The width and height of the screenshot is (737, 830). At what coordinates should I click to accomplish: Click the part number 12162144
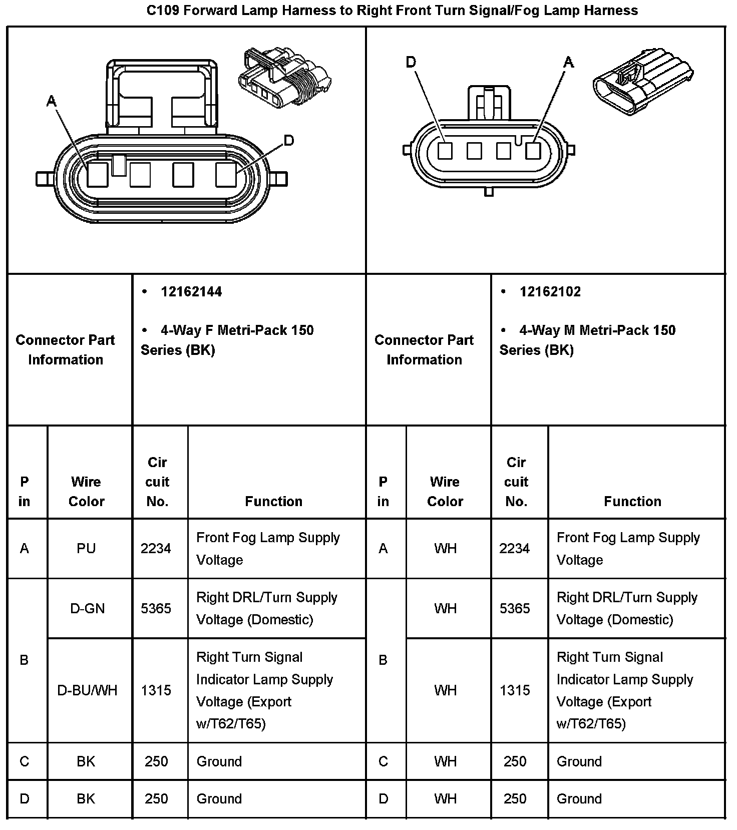click(191, 292)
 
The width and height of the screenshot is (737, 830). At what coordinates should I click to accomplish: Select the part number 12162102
click(550, 292)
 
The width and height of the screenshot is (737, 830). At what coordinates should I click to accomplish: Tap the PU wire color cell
click(86, 549)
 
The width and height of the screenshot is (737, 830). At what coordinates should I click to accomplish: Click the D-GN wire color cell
click(88, 609)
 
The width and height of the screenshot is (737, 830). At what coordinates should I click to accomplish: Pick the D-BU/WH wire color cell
click(88, 690)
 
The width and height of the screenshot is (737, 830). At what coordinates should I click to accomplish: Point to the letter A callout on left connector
click(51, 102)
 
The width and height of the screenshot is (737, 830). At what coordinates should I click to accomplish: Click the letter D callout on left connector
click(289, 141)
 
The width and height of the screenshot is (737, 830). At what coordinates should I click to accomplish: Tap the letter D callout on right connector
click(411, 63)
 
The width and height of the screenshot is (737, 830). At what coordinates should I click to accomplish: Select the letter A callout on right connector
click(568, 63)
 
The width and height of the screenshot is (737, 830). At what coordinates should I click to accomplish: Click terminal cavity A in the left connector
click(98, 175)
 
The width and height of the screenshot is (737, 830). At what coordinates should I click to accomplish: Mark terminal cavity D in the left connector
click(226, 175)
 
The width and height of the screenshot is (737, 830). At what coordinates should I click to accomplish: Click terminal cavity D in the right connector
click(445, 151)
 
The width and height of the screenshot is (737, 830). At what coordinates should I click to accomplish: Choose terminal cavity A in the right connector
click(533, 151)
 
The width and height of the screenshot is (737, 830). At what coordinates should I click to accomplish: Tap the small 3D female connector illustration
click(285, 78)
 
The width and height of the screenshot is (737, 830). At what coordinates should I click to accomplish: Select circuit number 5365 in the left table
click(156, 609)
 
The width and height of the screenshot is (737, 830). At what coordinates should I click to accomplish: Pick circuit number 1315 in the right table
click(515, 690)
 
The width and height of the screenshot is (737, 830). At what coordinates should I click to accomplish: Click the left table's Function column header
click(273, 501)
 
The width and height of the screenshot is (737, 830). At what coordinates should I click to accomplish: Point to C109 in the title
click(163, 11)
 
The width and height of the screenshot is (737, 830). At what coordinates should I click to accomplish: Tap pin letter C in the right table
click(383, 761)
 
